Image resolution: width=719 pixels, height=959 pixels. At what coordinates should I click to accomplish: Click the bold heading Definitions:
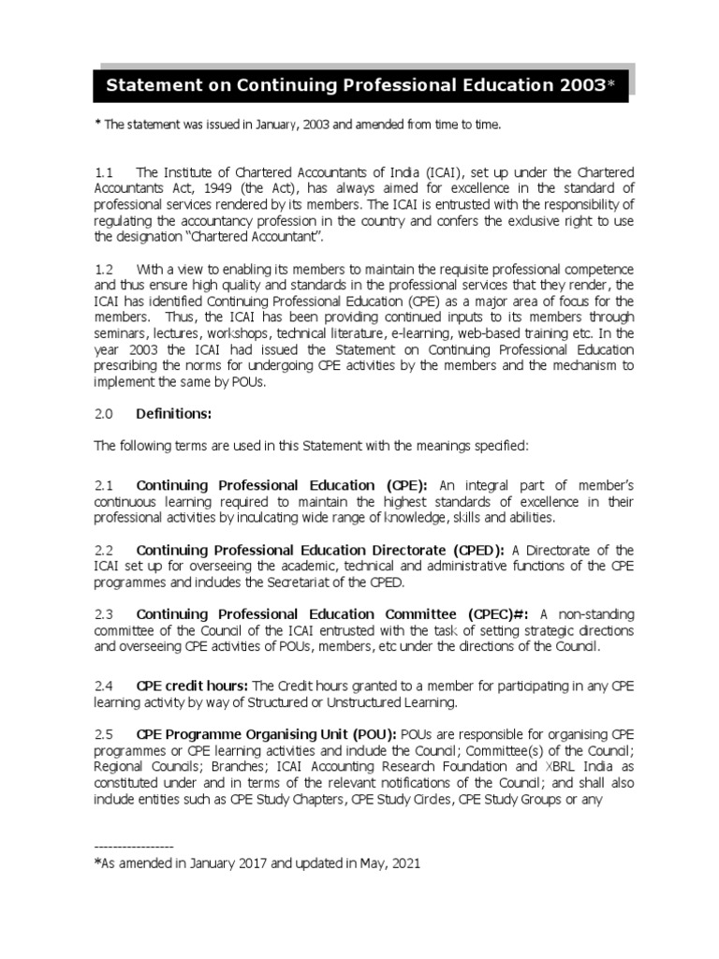point(174,413)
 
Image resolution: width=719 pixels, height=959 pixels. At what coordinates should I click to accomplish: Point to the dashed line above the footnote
point(134,846)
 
